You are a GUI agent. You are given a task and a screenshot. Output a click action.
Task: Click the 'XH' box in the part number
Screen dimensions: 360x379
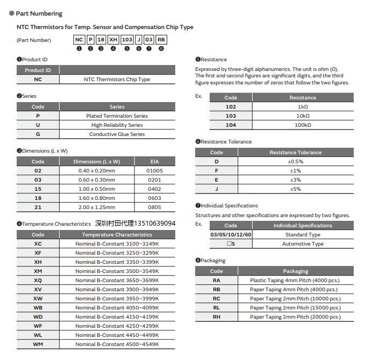[x=113, y=40]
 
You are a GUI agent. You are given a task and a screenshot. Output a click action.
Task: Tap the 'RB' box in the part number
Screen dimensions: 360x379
[x=161, y=40]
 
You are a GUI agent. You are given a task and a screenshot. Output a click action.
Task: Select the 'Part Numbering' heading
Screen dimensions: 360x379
[x=39, y=13]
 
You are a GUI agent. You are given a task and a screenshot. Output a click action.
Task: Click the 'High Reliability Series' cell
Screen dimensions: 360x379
[x=117, y=125]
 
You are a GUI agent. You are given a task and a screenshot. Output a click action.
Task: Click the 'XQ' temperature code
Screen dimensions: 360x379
[x=38, y=280]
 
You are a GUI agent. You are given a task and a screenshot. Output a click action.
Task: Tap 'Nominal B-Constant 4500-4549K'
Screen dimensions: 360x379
[x=117, y=344]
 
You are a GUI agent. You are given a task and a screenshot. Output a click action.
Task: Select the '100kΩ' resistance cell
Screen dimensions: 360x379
[x=303, y=125]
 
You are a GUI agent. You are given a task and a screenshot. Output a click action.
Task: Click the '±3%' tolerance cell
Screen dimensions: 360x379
[x=295, y=180]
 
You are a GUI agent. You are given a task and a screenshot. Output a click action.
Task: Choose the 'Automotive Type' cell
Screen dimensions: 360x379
[x=303, y=244]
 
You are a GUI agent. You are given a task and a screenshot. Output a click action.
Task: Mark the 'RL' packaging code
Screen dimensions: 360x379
[x=217, y=308]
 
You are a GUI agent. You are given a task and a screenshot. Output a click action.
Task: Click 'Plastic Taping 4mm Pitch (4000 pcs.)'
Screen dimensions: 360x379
[x=295, y=280]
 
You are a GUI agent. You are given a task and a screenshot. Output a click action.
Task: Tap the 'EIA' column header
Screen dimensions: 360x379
[x=154, y=162]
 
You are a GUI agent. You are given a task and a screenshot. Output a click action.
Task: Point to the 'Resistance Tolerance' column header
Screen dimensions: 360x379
[x=295, y=153]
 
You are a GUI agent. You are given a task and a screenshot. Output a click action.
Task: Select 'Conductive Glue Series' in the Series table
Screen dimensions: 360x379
[x=117, y=134]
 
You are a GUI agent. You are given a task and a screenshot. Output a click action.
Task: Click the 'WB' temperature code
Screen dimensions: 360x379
[x=38, y=308]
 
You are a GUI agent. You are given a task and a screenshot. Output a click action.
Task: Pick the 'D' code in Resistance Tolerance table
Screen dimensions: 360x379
[x=217, y=162]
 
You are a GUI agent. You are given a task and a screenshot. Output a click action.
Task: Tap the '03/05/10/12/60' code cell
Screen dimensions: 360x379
[x=231, y=235]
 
